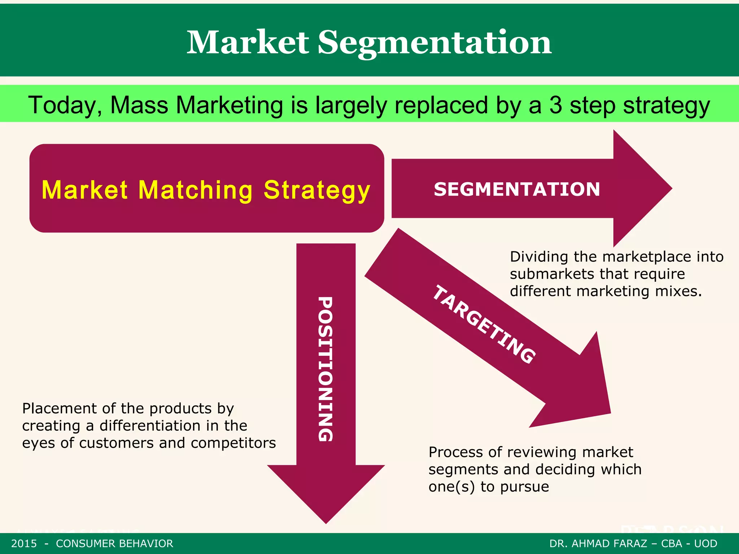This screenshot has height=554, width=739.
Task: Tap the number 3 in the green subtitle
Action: pyautogui.click(x=556, y=105)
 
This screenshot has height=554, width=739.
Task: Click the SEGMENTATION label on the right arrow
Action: pyautogui.click(x=517, y=189)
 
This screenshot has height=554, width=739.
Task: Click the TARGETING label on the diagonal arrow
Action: pyautogui.click(x=484, y=324)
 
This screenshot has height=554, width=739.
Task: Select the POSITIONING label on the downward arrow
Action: pyautogui.click(x=325, y=369)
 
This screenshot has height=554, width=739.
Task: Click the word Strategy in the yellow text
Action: pyautogui.click(x=317, y=190)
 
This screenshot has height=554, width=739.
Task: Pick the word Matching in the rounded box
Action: pyautogui.click(x=195, y=190)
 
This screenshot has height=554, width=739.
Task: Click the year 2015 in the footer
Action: pyautogui.click(x=24, y=544)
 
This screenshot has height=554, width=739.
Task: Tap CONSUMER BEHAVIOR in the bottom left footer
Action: pyautogui.click(x=114, y=544)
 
